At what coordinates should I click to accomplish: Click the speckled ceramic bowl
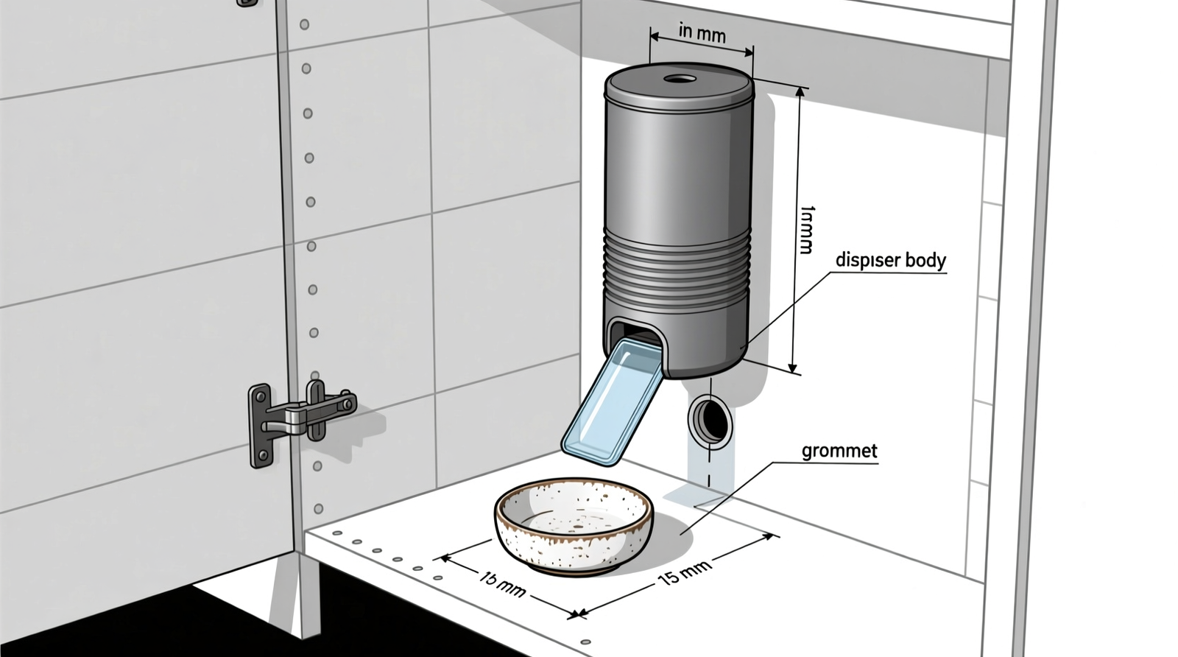tap(573, 524)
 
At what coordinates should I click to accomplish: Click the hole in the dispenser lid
tap(679, 79)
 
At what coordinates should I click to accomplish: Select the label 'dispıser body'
tap(890, 261)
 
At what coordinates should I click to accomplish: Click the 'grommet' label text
tap(839, 451)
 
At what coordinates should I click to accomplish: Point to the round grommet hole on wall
tap(711, 420)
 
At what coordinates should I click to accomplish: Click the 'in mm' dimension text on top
tap(702, 35)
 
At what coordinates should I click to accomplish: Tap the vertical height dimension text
tap(807, 230)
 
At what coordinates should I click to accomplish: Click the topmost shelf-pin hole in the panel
tap(304, 24)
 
